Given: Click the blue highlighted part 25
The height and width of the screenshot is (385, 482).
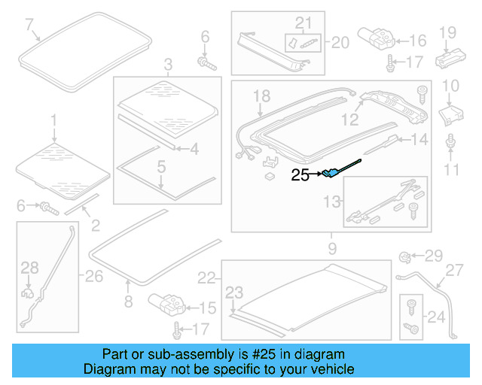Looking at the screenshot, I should [x=330, y=174].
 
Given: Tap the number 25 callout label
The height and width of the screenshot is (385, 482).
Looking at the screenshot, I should [x=300, y=176].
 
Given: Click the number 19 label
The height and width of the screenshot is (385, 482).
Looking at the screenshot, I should [x=448, y=32].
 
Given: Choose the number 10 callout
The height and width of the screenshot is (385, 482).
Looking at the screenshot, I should [x=450, y=86].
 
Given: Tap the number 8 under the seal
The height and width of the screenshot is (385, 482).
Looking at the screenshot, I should [x=128, y=302].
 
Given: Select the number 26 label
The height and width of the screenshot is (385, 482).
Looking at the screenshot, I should [x=93, y=277].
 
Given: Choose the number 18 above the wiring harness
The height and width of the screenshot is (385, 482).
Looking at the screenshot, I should [x=261, y=95].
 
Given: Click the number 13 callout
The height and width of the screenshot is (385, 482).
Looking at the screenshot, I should [x=332, y=201].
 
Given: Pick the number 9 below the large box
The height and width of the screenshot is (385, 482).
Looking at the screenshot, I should [x=331, y=246].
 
